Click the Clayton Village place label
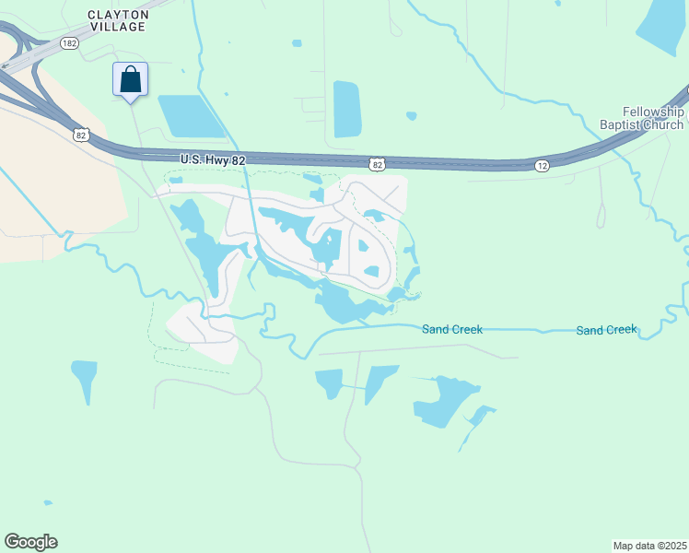pyautogui.click(x=117, y=20)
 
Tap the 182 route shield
pyautogui.click(x=68, y=42)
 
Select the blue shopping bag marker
pyautogui.click(x=130, y=80)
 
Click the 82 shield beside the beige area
pyautogui.click(x=82, y=135)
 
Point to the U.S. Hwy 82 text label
pyautogui.click(x=214, y=160)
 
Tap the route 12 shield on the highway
pyautogui.click(x=543, y=165)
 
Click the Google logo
pyautogui.click(x=30, y=542)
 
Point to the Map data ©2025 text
pyautogui.click(x=649, y=546)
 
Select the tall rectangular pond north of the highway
pyautogui.click(x=346, y=109)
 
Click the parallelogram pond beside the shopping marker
pyautogui.click(x=192, y=116)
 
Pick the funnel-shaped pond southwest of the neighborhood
pyautogui.click(x=84, y=379)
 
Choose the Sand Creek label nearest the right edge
pyautogui.click(x=606, y=330)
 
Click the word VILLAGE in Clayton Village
pyautogui.click(x=117, y=27)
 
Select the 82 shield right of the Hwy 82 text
pyautogui.click(x=376, y=164)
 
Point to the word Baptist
pyautogui.click(x=624, y=124)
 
